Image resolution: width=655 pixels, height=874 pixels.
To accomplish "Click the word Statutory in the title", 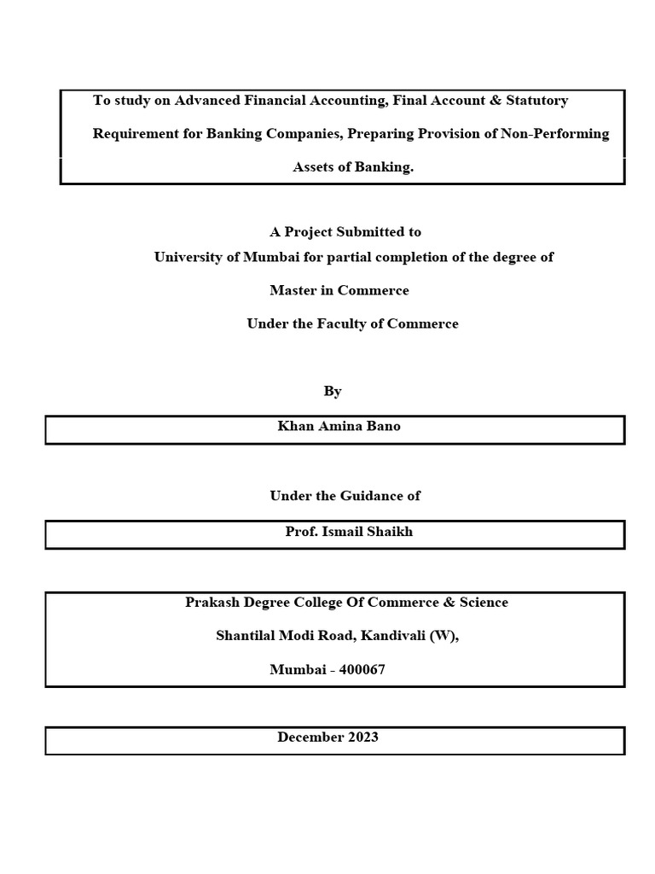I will coord(537,101).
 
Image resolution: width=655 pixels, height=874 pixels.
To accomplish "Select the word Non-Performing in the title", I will coord(564,134).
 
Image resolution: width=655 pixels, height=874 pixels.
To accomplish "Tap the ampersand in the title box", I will coord(494,101).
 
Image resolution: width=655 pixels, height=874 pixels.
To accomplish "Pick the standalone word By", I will coord(333,391).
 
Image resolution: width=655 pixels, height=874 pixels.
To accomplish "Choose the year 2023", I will coord(362,737).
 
